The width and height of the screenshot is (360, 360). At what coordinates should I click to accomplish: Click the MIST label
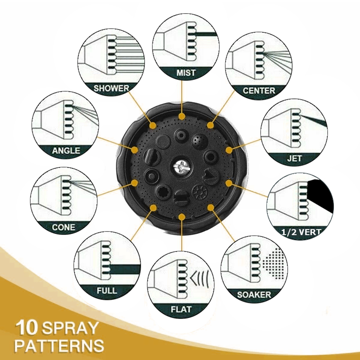click(x=186, y=73)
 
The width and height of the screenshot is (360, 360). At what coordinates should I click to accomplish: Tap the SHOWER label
click(x=111, y=88)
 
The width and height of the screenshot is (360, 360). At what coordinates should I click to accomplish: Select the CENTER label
click(x=259, y=91)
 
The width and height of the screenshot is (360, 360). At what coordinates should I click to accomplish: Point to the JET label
click(x=294, y=158)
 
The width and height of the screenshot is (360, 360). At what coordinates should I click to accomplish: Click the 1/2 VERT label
click(x=301, y=232)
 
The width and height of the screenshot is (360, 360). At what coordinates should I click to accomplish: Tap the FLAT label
click(x=181, y=309)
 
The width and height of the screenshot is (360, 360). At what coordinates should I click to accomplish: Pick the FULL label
click(x=107, y=290)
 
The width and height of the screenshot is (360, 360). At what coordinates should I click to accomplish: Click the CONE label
click(x=64, y=227)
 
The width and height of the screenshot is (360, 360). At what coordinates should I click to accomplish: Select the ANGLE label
click(x=66, y=151)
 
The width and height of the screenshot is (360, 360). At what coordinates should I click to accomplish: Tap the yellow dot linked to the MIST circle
click(x=181, y=116)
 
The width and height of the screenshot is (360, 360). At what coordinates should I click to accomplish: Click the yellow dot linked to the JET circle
click(x=229, y=150)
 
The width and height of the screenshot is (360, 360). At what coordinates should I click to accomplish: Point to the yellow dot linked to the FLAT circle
click(x=181, y=217)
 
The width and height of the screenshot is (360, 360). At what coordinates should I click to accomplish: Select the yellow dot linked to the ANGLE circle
click(x=134, y=150)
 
